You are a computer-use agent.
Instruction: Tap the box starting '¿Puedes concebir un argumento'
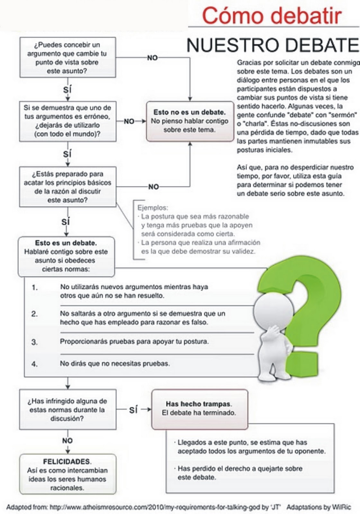(67, 58)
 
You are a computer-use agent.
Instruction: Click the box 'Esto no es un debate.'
(190, 121)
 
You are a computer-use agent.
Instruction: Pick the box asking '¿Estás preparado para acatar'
(67, 187)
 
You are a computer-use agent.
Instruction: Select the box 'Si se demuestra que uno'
(67, 121)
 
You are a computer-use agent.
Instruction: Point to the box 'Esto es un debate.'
(66, 256)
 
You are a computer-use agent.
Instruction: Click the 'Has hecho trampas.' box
(199, 409)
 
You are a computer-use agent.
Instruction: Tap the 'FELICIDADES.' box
(67, 474)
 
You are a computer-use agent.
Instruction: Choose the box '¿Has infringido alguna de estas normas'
(67, 410)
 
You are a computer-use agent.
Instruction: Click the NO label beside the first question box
(152, 58)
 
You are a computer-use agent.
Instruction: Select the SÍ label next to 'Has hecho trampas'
(133, 410)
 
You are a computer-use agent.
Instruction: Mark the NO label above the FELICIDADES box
(67, 441)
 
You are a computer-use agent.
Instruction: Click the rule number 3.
(34, 342)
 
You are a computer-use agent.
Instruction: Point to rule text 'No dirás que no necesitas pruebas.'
(115, 364)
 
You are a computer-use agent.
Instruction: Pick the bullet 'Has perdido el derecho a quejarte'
(240, 473)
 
